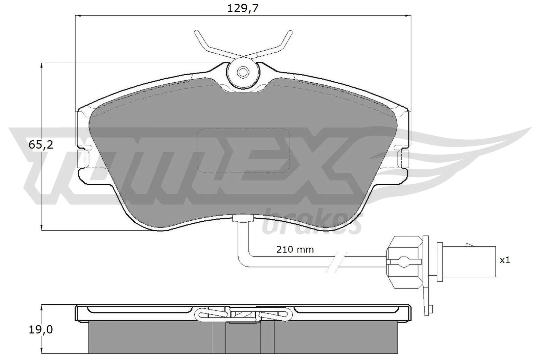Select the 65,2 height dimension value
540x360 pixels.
click(x=41, y=145)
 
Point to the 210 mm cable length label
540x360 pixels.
click(x=295, y=250)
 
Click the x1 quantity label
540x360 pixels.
click(x=505, y=260)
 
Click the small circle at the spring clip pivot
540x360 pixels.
click(x=243, y=72)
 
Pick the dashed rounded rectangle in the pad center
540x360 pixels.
click(x=243, y=150)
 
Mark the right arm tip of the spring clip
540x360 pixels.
click(x=290, y=32)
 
